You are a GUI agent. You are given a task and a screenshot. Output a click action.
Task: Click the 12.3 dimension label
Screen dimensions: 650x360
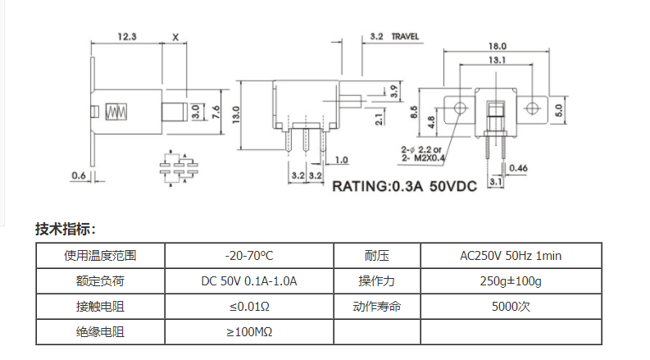coord(127,37)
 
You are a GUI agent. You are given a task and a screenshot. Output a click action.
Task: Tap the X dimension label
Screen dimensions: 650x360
coord(175,38)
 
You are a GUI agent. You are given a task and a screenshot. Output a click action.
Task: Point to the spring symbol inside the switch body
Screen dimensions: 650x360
coord(116,112)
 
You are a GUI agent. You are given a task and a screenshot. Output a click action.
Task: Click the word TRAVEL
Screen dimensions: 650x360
coord(405,37)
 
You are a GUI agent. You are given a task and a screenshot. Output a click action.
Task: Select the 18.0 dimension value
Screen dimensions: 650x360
coord(497,46)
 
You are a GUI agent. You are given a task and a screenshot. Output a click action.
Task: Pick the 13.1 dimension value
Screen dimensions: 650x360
coord(497,60)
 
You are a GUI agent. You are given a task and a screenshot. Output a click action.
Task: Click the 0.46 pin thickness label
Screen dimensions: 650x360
coord(518,168)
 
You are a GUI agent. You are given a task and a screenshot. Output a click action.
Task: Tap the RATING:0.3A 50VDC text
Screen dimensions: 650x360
coord(405,186)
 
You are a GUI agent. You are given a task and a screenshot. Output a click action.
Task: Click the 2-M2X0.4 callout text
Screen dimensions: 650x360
coord(423,157)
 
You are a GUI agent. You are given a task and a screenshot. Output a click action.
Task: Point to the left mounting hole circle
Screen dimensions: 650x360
coord(460,108)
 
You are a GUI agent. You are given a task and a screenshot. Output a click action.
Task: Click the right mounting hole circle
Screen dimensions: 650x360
coord(532,108)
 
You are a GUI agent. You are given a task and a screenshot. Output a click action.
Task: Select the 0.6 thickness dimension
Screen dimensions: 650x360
coord(79,175)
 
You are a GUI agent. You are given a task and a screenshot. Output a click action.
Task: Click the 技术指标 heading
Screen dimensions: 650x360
coord(66,229)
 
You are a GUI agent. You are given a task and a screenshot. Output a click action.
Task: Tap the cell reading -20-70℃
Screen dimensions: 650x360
coord(249,256)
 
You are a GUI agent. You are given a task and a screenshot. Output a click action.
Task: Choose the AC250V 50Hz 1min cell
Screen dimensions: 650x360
coord(511,256)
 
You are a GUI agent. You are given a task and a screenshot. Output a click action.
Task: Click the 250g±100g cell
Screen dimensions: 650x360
coord(511,281)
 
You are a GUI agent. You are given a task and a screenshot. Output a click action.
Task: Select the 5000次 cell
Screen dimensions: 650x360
coord(511,307)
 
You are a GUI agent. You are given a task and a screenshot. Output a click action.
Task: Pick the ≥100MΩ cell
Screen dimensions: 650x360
coord(249,332)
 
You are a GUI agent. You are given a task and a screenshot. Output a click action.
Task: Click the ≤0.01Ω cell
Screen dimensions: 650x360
coord(249,307)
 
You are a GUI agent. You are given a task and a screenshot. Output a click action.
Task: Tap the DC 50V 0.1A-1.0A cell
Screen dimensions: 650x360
coord(249,281)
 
